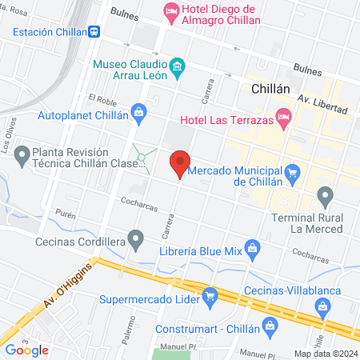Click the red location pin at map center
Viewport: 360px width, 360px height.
pos(180,163)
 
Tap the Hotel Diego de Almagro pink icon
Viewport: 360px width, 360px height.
pos(170,10)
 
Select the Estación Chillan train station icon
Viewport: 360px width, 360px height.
pos(94,31)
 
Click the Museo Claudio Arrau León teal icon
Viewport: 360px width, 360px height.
pos(178,64)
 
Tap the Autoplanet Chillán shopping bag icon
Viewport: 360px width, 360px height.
pos(139,111)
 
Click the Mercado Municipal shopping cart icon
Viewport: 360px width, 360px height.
pos(292,171)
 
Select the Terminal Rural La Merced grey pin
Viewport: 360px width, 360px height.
pos(325,194)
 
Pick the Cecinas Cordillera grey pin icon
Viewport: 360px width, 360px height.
pos(137,237)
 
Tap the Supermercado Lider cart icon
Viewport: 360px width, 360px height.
pos(210,295)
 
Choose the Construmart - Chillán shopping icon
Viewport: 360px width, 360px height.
pos(270,326)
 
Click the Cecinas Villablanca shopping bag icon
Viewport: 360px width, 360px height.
pos(322,306)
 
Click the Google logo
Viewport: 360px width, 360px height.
pos(26,350)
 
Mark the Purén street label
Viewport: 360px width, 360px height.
pos(66,215)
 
